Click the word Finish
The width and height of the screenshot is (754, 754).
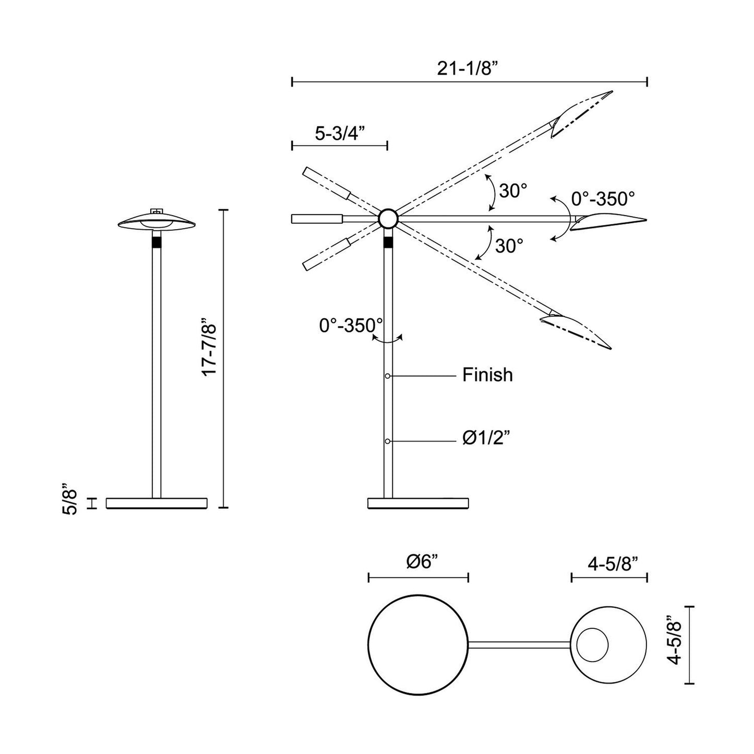(487, 375)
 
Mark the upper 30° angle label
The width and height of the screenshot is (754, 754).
(513, 192)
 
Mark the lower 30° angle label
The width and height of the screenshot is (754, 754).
(509, 246)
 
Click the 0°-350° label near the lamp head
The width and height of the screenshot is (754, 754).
(603, 199)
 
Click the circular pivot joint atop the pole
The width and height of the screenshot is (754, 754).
(388, 219)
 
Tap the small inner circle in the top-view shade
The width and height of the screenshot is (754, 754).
(592, 643)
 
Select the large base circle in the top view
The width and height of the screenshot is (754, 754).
(417, 643)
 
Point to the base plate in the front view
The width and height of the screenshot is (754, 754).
(157, 503)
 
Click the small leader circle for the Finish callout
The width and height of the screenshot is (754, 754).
(388, 376)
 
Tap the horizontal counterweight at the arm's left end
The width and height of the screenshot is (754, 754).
(316, 219)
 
